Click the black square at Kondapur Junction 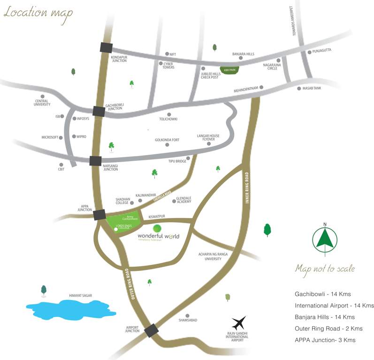(x=106, y=47)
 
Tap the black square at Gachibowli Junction (x=99, y=111)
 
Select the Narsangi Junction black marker (x=95, y=160)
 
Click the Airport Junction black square (x=151, y=330)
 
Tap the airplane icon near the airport (x=239, y=323)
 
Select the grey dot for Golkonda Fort (x=167, y=145)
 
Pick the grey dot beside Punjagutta (x=309, y=52)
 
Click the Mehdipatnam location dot (x=261, y=87)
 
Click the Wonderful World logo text (x=159, y=236)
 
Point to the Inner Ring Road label (x=247, y=188)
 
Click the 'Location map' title (x=38, y=13)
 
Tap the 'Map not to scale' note (x=325, y=269)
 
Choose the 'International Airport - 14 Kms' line (x=334, y=306)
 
